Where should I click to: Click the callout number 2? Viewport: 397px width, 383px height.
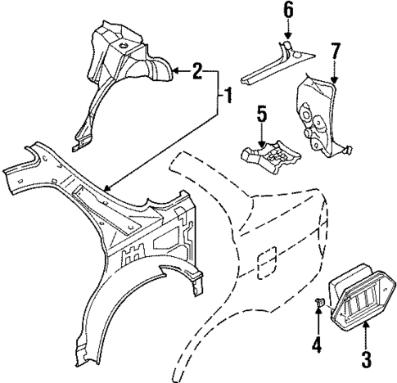coord(197,73)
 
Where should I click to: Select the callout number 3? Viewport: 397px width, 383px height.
coord(365,358)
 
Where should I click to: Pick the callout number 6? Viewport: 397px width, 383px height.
coord(287,11)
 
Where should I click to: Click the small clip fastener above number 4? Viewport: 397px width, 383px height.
coord(318,304)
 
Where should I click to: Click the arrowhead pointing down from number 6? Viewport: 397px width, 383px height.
coord(287,35)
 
